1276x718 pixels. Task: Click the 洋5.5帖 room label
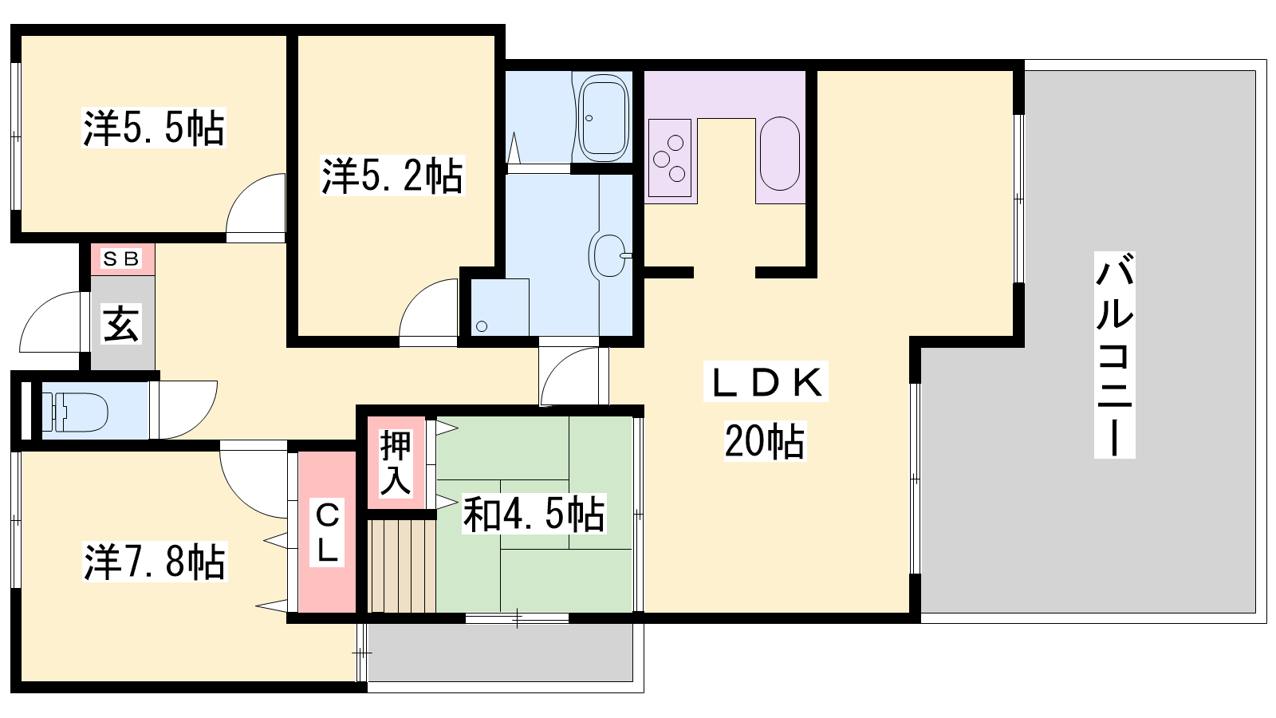154,128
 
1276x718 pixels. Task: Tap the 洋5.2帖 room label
392,176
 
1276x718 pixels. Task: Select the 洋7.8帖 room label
155,562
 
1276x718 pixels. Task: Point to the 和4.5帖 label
534,514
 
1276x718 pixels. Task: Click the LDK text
766,381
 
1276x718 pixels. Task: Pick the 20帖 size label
765,440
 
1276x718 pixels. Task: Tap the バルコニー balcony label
1114,354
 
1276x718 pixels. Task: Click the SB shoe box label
121,259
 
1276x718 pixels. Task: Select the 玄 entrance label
120,324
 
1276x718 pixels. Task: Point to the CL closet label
327,532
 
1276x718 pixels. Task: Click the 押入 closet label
396,464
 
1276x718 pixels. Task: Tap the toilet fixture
76,410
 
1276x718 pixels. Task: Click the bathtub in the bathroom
603,118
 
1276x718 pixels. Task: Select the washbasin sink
609,255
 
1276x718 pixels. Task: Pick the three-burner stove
669,158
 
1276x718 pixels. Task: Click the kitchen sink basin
780,154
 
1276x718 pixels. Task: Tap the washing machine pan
500,307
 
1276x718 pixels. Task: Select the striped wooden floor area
402,566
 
